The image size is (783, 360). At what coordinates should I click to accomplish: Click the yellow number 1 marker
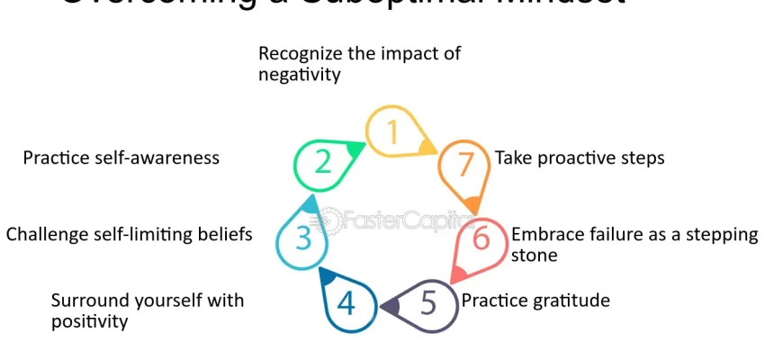392,133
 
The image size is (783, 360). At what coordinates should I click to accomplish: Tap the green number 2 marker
322,163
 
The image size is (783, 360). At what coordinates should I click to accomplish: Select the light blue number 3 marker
303,238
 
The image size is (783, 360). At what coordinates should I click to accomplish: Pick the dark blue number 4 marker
346,304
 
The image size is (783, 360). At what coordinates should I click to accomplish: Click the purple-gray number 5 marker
427,304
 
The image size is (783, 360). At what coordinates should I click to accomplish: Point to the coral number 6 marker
481,239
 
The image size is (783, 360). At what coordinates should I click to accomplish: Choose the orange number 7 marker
464,165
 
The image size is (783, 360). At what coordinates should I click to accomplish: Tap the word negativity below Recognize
300,76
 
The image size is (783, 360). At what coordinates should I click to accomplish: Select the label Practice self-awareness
121,157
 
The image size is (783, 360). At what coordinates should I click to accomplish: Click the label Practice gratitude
535,300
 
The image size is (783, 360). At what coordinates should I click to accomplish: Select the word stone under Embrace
535,256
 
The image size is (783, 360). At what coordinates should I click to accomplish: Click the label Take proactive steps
580,157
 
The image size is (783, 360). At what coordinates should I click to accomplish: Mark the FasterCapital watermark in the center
396,219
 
